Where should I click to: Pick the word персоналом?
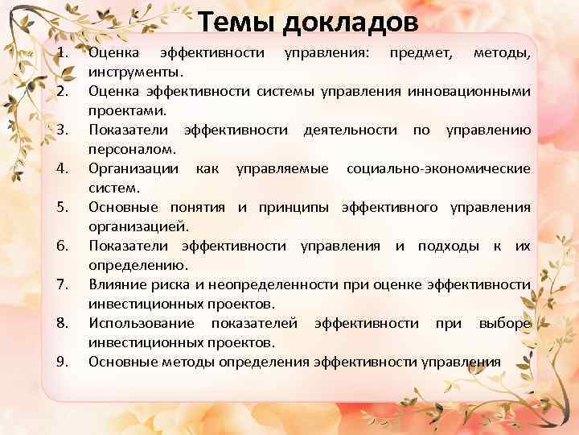(129, 150)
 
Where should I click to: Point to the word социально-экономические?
(437, 169)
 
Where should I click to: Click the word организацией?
(138, 227)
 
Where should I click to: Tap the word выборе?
(504, 324)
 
